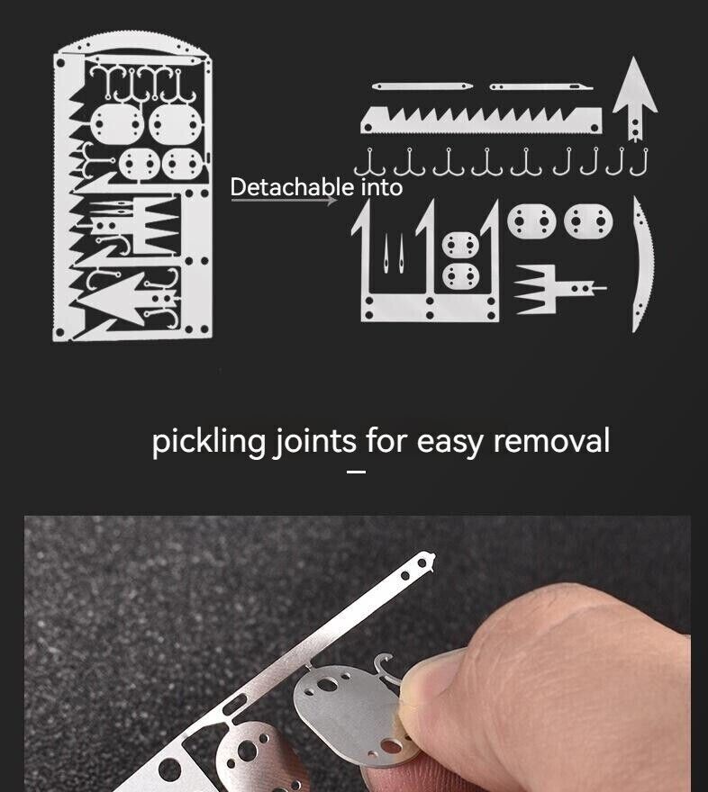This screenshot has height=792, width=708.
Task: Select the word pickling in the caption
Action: (x=209, y=442)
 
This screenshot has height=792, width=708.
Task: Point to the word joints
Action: (x=314, y=442)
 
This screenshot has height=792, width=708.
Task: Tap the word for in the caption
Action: (x=387, y=441)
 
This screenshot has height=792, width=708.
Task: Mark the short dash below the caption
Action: (x=357, y=471)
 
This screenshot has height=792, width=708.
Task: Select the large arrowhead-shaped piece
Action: (x=635, y=95)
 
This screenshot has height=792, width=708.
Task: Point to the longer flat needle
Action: (x=423, y=86)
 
